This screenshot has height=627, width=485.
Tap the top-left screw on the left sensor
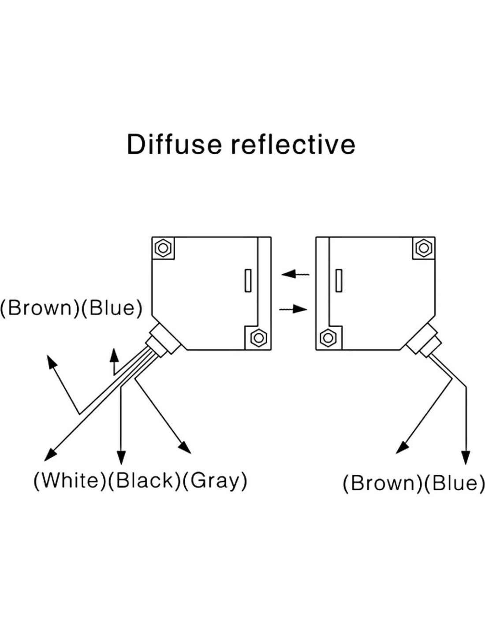coord(164,248)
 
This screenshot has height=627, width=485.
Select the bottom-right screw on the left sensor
coord(258,338)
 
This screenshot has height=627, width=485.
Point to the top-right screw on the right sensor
coord(424,248)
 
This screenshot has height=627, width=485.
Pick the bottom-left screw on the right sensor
coord(328,338)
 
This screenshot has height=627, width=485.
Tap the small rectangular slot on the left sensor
coord(248,280)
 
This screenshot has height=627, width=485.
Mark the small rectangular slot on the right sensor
coord(339,280)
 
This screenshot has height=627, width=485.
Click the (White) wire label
coord(70,480)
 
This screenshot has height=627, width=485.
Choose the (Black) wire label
coord(145,480)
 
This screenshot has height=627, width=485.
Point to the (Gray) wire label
coord(215,480)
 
